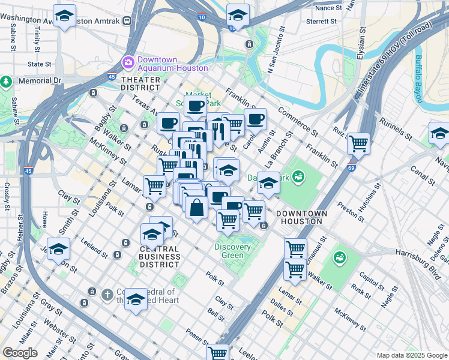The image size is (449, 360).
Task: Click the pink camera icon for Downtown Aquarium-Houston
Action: [128, 62]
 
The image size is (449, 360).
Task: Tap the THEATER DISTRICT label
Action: [141, 83]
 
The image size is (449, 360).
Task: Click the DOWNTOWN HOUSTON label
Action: [301, 217]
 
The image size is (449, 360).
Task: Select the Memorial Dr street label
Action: [40, 80]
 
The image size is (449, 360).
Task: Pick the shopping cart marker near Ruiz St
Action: [358, 143]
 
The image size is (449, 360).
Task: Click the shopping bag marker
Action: [196, 208]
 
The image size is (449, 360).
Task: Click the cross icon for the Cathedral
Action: [107, 294]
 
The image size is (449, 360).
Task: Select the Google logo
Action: [20, 353]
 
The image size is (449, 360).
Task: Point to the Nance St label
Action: [328, 8]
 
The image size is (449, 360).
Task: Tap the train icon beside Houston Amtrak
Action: [126, 21]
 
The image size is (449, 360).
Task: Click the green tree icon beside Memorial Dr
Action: [6, 80]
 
